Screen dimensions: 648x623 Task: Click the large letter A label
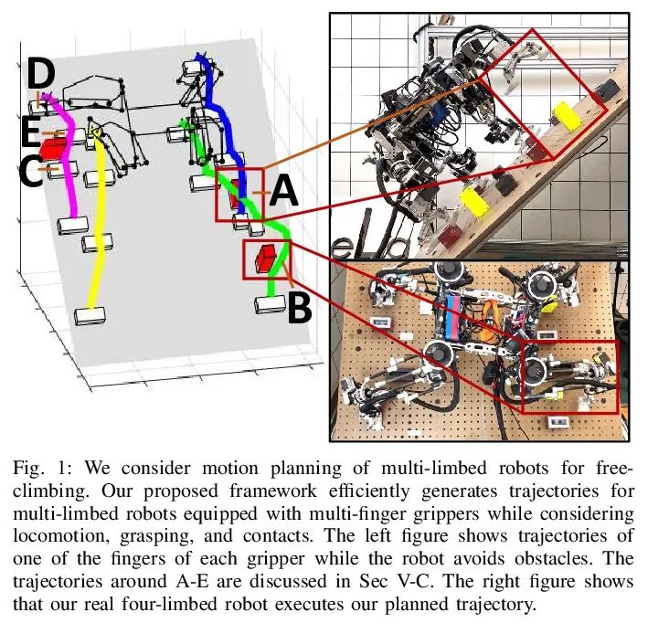283,190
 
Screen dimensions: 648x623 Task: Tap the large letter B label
299,308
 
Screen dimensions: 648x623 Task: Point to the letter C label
30,170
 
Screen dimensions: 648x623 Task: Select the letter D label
41,74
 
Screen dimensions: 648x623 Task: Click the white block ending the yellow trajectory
90,316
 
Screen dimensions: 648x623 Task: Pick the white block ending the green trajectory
271,304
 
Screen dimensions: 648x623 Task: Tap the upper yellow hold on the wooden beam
567,116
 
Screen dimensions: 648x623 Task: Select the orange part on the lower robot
490,314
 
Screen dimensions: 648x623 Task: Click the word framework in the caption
273,491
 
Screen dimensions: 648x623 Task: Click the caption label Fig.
28,470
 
